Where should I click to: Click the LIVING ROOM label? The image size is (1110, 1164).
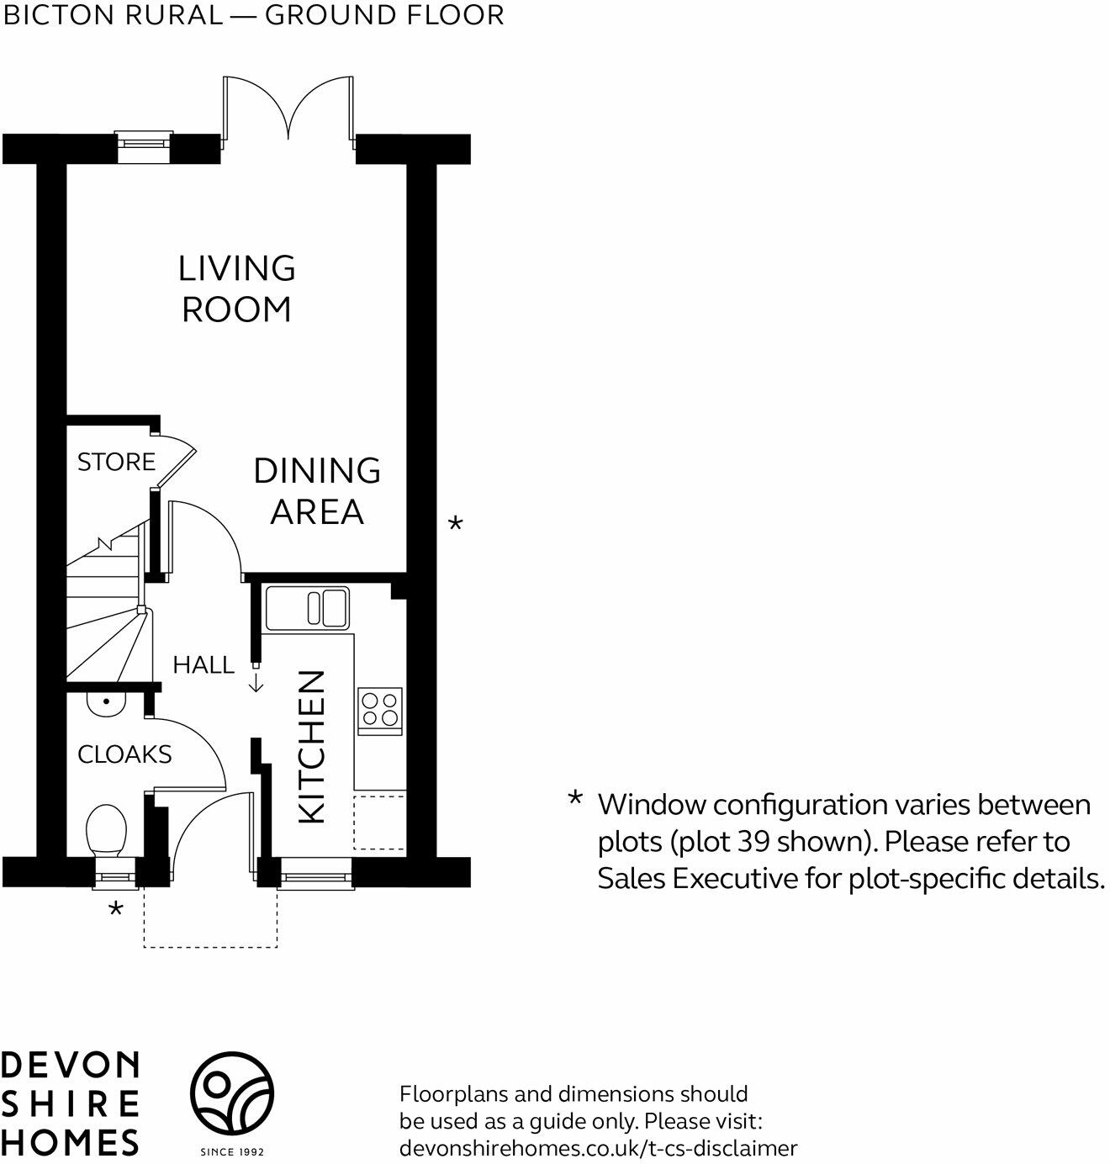(237, 289)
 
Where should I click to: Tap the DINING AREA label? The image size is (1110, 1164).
(317, 491)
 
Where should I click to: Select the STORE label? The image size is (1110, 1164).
(116, 462)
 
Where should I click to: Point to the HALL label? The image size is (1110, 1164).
(203, 665)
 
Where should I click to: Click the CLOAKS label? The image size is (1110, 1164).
(124, 754)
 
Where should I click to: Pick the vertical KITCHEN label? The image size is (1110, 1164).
(311, 747)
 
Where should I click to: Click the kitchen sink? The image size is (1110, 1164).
(307, 608)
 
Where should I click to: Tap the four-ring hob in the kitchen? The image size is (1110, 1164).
(380, 711)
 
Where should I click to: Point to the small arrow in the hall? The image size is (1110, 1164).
(256, 682)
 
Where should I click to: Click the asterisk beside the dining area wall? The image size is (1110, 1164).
(455, 523)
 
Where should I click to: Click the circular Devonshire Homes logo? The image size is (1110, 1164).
(232, 1093)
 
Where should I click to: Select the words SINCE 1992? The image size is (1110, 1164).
(232, 1152)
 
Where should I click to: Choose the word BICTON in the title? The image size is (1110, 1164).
(57, 15)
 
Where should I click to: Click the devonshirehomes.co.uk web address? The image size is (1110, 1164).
(599, 1149)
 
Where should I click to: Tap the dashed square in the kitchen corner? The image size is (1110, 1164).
(379, 823)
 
